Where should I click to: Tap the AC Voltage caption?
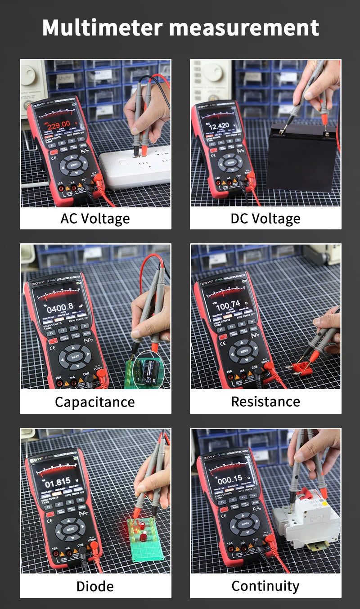click(95, 219)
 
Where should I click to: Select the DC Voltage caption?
click(265, 219)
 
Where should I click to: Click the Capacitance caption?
click(95, 402)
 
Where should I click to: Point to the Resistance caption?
click(265, 402)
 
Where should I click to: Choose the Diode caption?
click(95, 586)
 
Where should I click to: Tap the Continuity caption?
click(265, 586)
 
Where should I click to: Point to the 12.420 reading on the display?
click(220, 125)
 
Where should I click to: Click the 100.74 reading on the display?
click(228, 305)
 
